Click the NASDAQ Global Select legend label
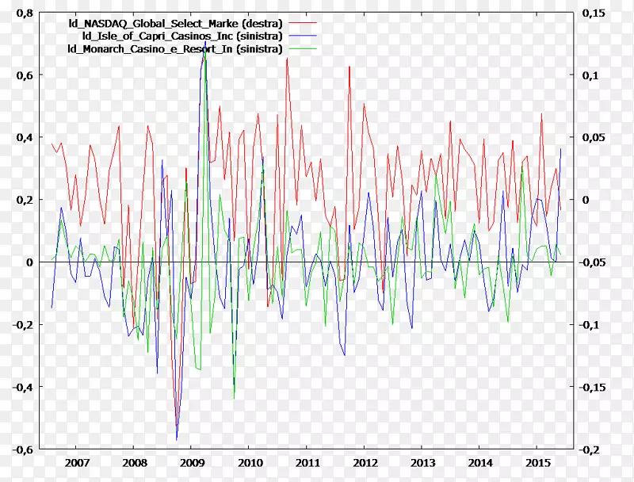(x=176, y=24)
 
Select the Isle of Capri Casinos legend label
(x=181, y=36)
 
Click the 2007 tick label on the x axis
(x=77, y=462)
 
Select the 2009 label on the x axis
(x=192, y=462)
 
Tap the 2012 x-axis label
(x=365, y=462)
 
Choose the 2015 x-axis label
(x=537, y=462)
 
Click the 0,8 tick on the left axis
(x=25, y=13)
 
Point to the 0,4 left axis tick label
(x=25, y=137)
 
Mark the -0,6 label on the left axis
(x=22, y=449)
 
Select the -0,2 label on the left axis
(x=22, y=324)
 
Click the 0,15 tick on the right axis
(x=594, y=13)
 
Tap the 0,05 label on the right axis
(x=594, y=137)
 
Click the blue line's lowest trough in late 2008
(x=177, y=439)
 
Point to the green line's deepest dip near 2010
(x=234, y=398)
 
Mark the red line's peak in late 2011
(x=349, y=67)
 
